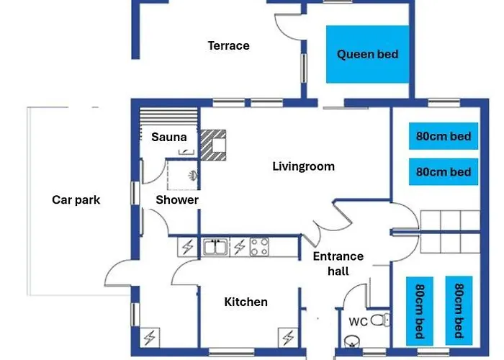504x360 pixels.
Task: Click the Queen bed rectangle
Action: [368, 54]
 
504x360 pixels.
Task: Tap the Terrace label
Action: [228, 45]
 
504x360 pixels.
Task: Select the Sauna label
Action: [169, 137]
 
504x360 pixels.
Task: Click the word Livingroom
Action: [303, 166]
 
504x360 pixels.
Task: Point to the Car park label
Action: [76, 200]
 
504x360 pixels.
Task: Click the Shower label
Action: [177, 200]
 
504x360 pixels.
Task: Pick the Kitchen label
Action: [246, 302]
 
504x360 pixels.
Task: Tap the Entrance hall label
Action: [338, 264]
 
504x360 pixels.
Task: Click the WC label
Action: [358, 321]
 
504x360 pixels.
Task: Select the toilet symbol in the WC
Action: [380, 320]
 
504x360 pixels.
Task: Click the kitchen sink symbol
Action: [216, 247]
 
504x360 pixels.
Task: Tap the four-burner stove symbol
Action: [259, 247]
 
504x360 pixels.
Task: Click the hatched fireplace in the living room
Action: [213, 145]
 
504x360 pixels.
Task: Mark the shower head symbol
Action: [193, 176]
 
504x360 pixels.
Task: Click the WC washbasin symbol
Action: [351, 342]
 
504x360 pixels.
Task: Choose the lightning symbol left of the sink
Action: [188, 247]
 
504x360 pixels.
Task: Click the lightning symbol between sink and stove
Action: [240, 247]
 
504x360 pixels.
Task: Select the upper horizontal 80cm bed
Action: [444, 136]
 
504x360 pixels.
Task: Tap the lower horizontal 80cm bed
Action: [444, 171]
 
